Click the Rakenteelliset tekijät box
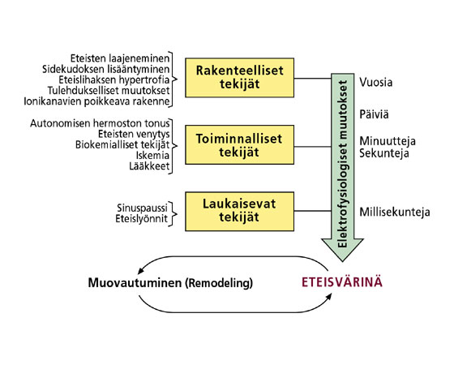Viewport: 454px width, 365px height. (239, 78)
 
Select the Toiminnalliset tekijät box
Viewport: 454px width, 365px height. (239, 145)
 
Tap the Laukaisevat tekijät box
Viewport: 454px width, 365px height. (239, 212)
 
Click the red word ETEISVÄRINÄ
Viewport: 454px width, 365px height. (342, 282)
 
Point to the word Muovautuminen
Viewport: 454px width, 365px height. (135, 283)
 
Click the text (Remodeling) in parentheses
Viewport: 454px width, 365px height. (219, 283)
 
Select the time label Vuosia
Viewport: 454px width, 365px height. (376, 82)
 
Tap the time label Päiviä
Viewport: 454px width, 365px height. (374, 114)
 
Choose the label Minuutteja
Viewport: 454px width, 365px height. (388, 141)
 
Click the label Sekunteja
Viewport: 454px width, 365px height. (384, 153)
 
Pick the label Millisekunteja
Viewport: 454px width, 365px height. (395, 212)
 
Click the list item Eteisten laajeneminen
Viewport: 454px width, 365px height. (120, 58)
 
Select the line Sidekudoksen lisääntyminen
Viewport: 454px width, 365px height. (105, 69)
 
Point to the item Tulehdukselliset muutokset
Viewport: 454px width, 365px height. (109, 91)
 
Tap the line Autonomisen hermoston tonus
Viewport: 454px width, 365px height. (100, 123)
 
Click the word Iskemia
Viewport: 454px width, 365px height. (152, 156)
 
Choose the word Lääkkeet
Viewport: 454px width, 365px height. (149, 166)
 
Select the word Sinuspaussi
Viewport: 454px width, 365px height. (142, 208)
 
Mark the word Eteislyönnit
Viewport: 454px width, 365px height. (141, 219)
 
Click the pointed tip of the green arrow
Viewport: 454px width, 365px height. (342, 261)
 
